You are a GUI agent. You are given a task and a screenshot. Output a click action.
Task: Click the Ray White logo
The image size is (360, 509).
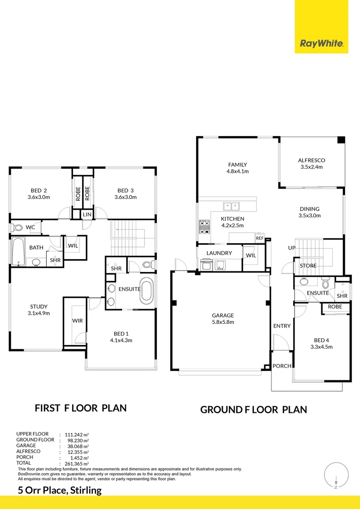(321, 44)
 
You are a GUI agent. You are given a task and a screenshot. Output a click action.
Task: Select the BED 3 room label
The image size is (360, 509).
(127, 190)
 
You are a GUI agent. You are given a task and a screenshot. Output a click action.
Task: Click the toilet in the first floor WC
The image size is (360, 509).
(18, 228)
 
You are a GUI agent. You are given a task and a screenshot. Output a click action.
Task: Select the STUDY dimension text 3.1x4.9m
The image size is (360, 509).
(39, 313)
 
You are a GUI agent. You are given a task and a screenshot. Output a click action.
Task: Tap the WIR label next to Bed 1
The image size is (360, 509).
(77, 320)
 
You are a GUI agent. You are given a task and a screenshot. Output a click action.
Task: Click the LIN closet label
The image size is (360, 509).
(87, 214)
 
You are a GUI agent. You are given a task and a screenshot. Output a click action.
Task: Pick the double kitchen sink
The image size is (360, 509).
(231, 205)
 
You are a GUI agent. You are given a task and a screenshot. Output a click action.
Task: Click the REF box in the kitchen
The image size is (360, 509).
(260, 238)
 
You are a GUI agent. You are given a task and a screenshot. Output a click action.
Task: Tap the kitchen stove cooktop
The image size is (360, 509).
(205, 228)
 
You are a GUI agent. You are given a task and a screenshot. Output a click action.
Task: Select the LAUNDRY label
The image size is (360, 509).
(219, 253)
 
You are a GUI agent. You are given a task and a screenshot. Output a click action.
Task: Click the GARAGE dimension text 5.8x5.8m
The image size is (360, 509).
(222, 322)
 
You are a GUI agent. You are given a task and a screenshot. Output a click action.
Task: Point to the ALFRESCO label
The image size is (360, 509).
(311, 160)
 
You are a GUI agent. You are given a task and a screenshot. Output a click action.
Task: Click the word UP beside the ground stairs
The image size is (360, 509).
(292, 248)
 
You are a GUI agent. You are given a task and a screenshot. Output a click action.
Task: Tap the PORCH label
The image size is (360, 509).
(282, 366)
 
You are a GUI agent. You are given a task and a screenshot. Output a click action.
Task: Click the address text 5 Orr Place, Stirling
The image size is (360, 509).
(60, 490)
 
